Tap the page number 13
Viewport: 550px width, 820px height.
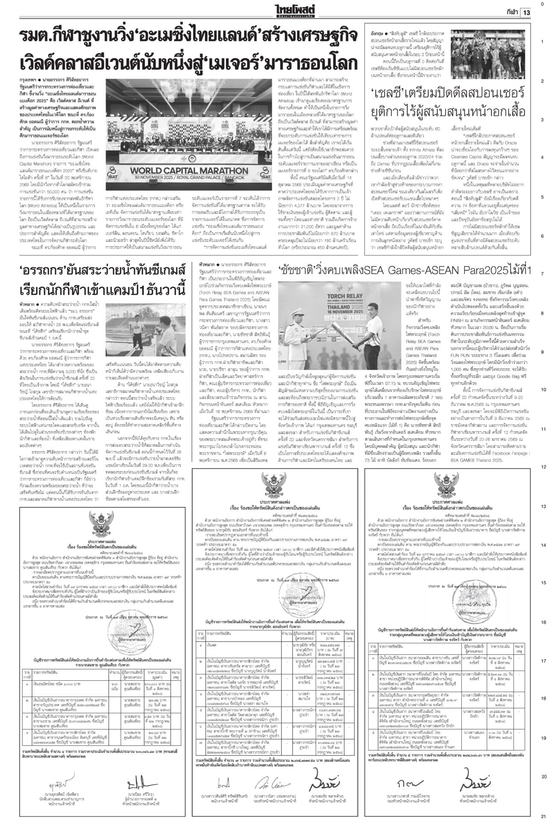click(526, 12)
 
